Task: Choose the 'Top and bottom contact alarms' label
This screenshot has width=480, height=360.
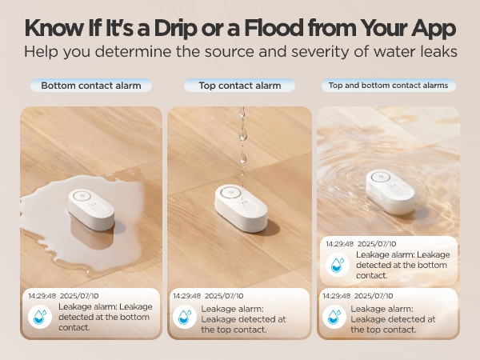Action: pyautogui.click(x=389, y=85)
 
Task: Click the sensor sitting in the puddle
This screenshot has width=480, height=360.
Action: pyautogui.click(x=90, y=210)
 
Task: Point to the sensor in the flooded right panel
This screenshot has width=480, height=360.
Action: pyautogui.click(x=390, y=190)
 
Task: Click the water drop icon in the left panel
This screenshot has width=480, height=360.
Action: pyautogui.click(x=39, y=316)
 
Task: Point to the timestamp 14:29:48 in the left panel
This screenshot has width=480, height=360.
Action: pyautogui.click(x=42, y=295)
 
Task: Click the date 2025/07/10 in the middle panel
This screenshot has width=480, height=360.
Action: pyautogui.click(x=226, y=295)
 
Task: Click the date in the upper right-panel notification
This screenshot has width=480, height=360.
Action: pyautogui.click(x=378, y=242)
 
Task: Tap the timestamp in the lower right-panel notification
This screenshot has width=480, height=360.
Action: pyautogui.click(x=338, y=295)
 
